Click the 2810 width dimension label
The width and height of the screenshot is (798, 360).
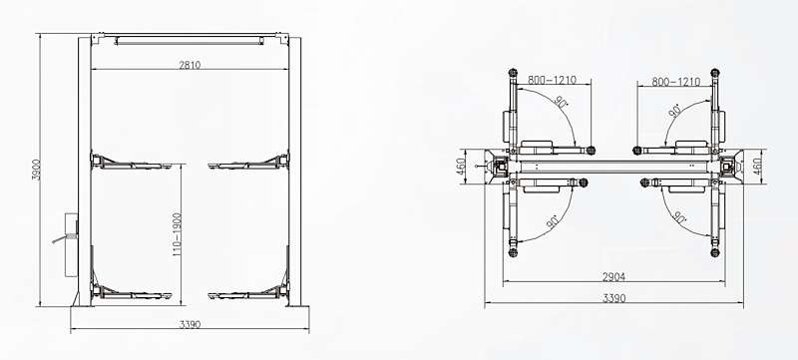[190, 65]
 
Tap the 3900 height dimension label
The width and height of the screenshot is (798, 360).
[36, 170]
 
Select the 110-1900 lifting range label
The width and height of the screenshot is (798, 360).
[178, 234]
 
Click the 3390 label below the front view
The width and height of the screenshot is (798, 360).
[190, 324]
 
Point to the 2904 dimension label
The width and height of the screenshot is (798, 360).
[613, 277]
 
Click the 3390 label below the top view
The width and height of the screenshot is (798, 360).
[613, 298]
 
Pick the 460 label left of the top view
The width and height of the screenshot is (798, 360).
[461, 167]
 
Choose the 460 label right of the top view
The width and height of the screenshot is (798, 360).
[758, 166]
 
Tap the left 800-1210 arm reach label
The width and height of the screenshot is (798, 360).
[552, 80]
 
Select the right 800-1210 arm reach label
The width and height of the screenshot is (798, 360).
[676, 82]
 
